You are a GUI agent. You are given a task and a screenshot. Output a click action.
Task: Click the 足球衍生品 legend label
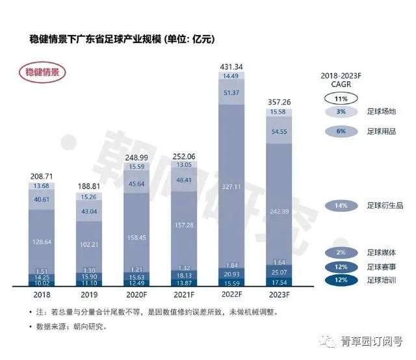click(384, 206)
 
